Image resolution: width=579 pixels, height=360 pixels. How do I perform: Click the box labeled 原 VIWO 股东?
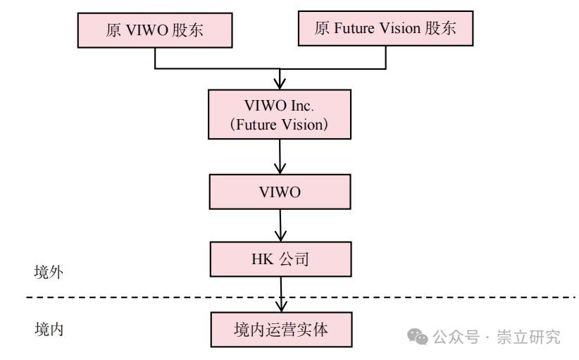[154, 30]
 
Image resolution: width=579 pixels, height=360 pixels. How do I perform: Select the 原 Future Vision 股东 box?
[385, 28]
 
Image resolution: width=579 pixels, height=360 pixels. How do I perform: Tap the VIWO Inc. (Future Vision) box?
[280, 114]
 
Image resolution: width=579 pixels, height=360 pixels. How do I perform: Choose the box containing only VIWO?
[280, 192]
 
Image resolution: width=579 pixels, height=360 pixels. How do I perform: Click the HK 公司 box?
[280, 259]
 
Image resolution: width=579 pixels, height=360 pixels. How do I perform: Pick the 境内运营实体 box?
[280, 329]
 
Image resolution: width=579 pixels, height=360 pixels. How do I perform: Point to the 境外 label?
[49, 273]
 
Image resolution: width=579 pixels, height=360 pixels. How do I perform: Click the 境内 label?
[49, 329]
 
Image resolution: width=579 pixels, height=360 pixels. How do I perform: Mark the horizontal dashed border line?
[141, 297]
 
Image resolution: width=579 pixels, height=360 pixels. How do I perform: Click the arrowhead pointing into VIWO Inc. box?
[280, 83]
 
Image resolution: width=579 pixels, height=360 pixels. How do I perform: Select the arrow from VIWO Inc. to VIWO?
[280, 156]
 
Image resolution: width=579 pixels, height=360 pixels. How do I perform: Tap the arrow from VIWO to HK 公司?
[280, 225]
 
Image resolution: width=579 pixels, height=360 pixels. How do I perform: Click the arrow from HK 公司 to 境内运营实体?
[281, 294]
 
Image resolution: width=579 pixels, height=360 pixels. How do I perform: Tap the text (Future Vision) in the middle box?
[280, 125]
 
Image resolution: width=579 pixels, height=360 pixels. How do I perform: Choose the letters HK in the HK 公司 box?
[261, 259]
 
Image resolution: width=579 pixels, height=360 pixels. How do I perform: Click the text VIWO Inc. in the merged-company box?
[279, 105]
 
